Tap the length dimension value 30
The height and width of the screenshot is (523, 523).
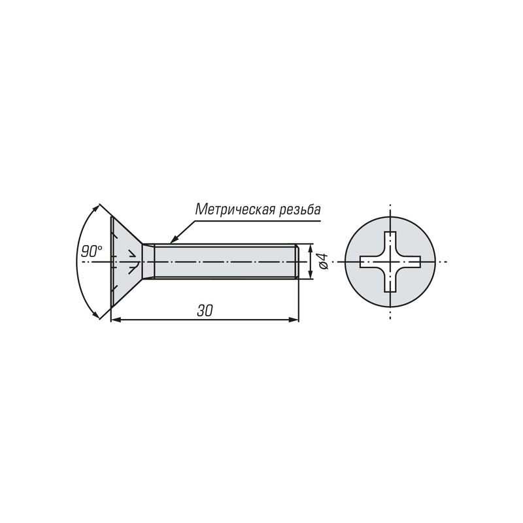205,311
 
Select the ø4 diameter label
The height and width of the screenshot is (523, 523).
323,261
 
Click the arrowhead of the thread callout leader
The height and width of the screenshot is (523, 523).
173,240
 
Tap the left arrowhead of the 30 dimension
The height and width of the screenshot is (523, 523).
116,320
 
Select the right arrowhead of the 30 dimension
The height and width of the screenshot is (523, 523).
294,320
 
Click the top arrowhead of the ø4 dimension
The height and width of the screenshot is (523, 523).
311,248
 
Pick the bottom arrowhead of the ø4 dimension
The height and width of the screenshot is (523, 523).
311,274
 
